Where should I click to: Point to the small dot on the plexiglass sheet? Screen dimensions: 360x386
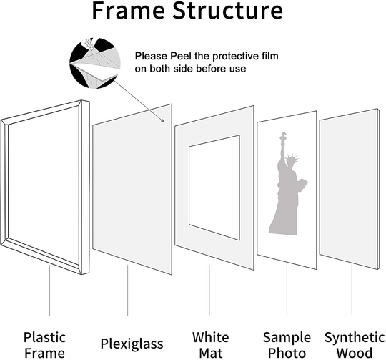pyautogui.click(x=164, y=121)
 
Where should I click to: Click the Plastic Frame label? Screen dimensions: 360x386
pyautogui.click(x=45, y=344)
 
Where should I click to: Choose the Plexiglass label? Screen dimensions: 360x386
pyautogui.click(x=129, y=342)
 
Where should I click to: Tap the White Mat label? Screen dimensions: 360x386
pyautogui.click(x=210, y=344)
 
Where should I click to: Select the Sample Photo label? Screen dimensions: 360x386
pyautogui.click(x=286, y=344)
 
